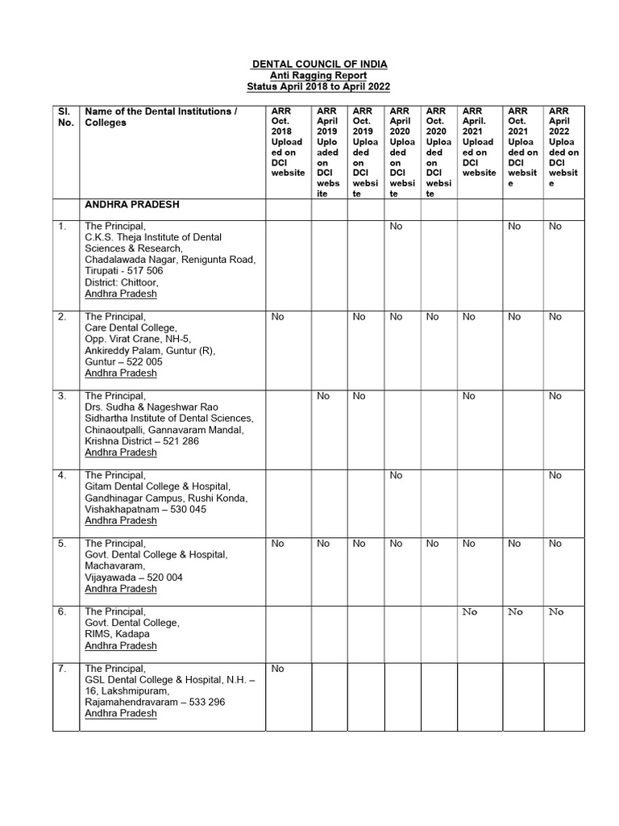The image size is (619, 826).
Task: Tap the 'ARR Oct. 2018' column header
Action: tap(288, 142)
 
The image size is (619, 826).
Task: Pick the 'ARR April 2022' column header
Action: tap(563, 147)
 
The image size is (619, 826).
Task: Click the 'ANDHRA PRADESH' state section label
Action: tap(132, 206)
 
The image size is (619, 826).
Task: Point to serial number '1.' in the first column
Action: tap(62, 227)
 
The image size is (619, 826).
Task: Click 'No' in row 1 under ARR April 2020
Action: tap(396, 227)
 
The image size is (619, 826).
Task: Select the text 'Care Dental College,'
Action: tap(131, 328)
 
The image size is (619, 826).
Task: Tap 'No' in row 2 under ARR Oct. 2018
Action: tap(278, 317)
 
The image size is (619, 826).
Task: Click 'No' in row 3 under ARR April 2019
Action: tap(323, 396)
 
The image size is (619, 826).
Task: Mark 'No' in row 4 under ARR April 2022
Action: tap(555, 475)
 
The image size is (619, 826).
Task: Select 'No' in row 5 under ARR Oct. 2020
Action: tap(433, 544)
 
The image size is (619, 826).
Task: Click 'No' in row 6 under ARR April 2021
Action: tap(470, 612)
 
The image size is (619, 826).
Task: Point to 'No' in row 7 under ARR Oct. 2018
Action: tap(278, 669)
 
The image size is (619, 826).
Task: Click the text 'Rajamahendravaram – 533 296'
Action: tap(155, 703)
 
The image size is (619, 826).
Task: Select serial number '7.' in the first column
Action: tap(62, 669)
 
